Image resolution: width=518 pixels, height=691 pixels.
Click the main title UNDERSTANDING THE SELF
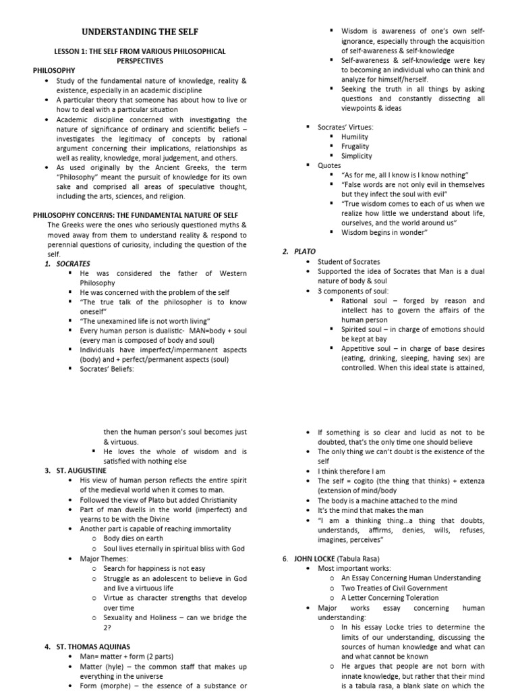(x=140, y=32)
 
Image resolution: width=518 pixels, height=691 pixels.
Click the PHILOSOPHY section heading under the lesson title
(x=54, y=70)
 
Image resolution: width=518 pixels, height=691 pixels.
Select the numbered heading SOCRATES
(x=74, y=264)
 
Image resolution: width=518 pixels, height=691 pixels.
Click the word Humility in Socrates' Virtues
(x=355, y=136)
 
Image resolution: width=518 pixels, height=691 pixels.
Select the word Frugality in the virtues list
(x=355, y=146)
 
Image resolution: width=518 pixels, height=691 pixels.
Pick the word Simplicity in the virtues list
(x=356, y=156)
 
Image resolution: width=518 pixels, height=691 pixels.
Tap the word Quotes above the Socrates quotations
(x=329, y=165)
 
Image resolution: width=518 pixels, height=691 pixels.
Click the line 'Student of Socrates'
(x=349, y=262)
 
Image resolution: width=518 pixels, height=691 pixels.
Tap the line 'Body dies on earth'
(x=134, y=539)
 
